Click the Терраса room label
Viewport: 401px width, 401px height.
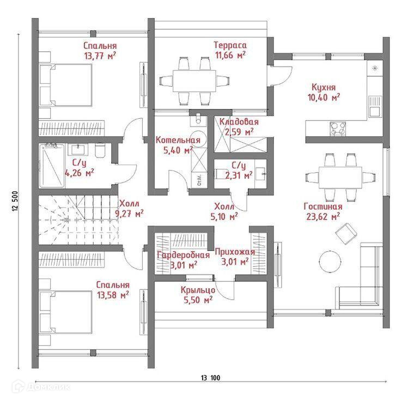point(230,45)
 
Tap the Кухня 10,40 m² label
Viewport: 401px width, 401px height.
point(324,92)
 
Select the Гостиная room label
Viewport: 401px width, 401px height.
point(323,206)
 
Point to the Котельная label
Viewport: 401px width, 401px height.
point(178,140)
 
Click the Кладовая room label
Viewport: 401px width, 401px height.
point(239,121)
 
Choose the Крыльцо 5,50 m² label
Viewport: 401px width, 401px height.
point(198,295)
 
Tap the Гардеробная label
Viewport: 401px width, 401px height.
point(184,255)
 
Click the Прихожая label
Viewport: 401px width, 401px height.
point(235,252)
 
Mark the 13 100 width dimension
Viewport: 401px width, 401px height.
point(210,378)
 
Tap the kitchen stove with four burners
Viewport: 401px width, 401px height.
point(338,127)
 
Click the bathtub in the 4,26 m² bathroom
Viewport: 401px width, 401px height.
point(52,166)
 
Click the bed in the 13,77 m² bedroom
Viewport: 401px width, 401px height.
point(66,85)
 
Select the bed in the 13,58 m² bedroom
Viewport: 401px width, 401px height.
point(66,312)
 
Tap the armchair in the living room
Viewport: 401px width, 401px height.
point(347,233)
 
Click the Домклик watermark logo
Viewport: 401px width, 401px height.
point(41,387)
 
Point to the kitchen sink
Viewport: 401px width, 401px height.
point(375,106)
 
